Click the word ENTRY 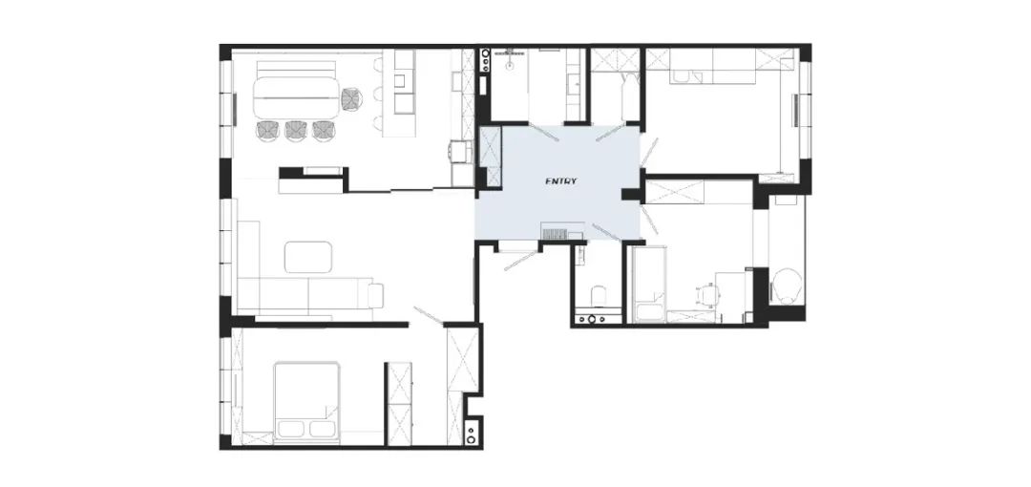coord(561,181)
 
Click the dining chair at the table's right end coord(352,98)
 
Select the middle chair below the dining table coord(297,130)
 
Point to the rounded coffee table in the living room coord(308,257)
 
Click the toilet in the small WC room coord(598,295)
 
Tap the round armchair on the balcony coord(787,286)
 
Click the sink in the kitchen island coord(399,81)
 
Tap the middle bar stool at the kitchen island coord(378,95)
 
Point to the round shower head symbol coord(510,65)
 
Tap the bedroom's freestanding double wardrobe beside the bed coord(398,403)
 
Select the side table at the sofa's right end coord(375,295)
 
